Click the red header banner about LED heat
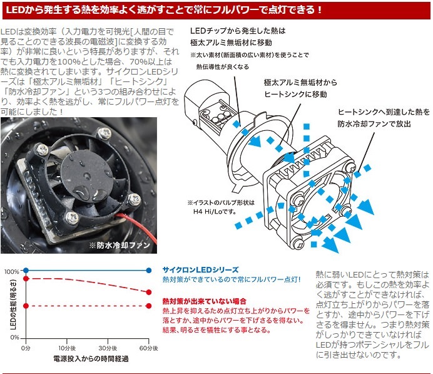(216, 11)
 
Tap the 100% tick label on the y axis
(12, 271)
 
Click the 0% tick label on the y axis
(14, 338)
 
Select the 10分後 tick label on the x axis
(67, 348)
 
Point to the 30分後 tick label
(108, 348)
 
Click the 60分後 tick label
(148, 348)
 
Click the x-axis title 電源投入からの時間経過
(91, 358)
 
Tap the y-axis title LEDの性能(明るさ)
(13, 304)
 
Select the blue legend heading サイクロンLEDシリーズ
(200, 270)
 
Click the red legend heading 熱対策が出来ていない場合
(205, 301)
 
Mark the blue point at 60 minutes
(148, 271)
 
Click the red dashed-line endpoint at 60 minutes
(148, 292)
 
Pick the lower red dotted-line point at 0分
(26, 306)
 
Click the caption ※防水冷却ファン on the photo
(120, 245)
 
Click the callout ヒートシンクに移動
(296, 94)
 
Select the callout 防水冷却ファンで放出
(374, 124)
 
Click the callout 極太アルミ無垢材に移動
(231, 43)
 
